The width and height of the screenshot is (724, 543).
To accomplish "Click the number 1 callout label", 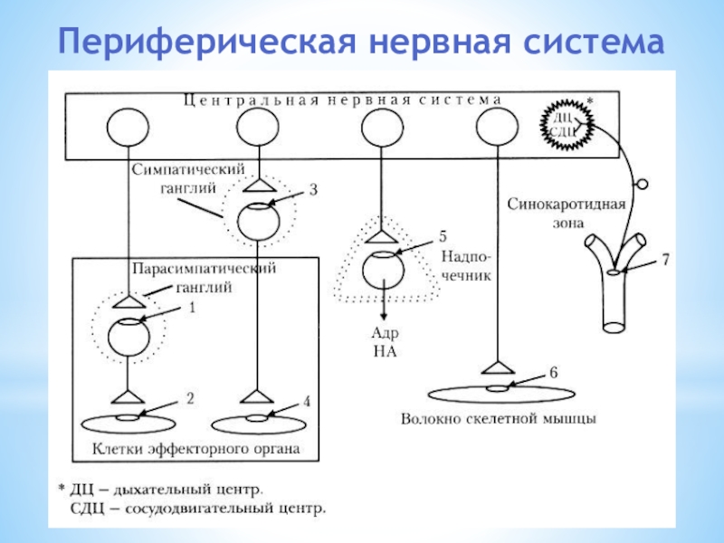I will [192, 308].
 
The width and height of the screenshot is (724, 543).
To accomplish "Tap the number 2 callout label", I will [189, 397].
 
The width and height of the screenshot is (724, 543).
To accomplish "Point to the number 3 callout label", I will [313, 191].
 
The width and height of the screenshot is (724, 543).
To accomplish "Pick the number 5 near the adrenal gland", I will [443, 236].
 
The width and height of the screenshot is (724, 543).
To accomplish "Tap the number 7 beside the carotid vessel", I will [665, 260].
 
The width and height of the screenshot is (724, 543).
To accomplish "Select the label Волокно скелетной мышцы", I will [499, 419].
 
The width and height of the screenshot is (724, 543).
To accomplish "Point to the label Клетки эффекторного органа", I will [195, 448].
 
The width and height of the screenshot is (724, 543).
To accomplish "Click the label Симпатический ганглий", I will [176, 177].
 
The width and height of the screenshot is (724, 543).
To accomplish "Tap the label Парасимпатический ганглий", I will [204, 278].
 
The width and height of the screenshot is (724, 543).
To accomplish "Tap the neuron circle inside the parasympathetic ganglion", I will [129, 336].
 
